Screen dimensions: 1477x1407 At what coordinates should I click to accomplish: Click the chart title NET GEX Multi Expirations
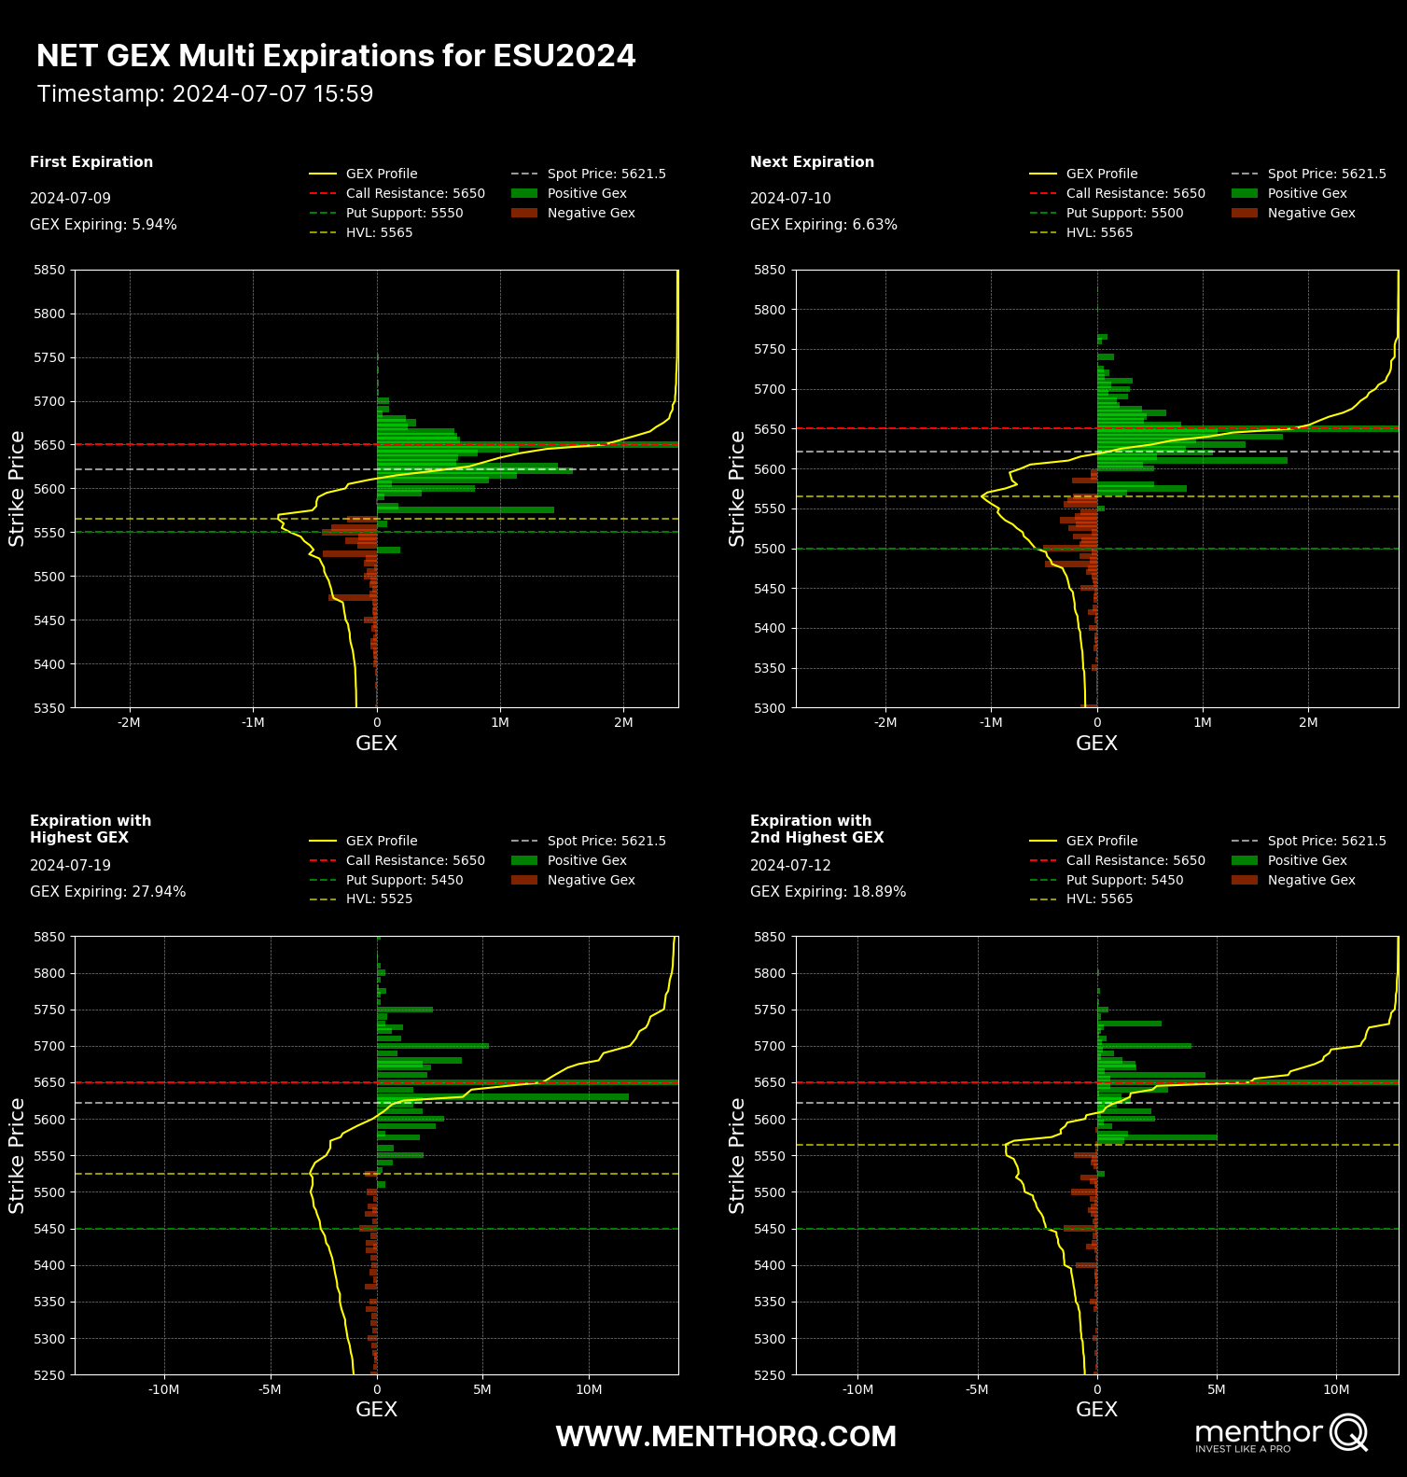(x=336, y=56)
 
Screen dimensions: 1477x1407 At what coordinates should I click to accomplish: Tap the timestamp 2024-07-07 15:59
(x=205, y=94)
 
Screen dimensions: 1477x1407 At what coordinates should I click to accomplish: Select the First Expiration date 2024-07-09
(x=70, y=198)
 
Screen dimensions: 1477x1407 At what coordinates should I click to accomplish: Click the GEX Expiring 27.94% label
(x=107, y=892)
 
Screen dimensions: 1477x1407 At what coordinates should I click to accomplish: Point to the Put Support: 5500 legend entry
(x=1124, y=213)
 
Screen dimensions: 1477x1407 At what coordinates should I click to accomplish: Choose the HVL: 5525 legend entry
(x=379, y=899)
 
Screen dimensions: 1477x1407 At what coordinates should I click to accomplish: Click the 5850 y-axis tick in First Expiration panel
(x=49, y=270)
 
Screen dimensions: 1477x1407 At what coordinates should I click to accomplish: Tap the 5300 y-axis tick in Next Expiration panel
(x=770, y=708)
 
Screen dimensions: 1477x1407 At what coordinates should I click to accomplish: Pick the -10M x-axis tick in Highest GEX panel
(x=164, y=1389)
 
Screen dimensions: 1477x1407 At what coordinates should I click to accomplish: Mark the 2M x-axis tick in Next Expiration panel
(x=1308, y=722)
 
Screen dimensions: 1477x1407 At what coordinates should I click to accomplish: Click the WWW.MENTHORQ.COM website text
(x=726, y=1437)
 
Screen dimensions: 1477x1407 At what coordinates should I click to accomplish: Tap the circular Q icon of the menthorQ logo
(x=1348, y=1432)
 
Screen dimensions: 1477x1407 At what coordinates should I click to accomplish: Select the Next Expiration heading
(x=812, y=162)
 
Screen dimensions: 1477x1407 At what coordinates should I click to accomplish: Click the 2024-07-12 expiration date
(x=790, y=865)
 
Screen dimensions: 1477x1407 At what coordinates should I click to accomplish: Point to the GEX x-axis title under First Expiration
(x=376, y=744)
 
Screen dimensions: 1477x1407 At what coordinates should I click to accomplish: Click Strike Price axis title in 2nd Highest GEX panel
(x=737, y=1155)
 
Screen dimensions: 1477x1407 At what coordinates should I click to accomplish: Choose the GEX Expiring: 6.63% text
(x=823, y=225)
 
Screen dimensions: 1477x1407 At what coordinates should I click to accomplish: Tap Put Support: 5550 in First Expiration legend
(x=404, y=213)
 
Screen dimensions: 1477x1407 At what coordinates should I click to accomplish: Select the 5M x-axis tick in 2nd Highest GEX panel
(x=1217, y=1389)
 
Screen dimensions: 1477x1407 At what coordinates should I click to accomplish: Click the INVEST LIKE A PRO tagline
(x=1243, y=1449)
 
